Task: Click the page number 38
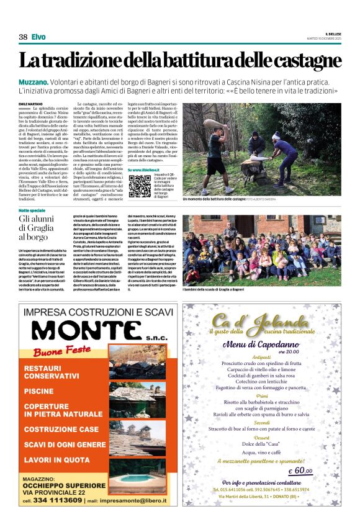23,37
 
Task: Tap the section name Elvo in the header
38,37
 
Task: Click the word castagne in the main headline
303,62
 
